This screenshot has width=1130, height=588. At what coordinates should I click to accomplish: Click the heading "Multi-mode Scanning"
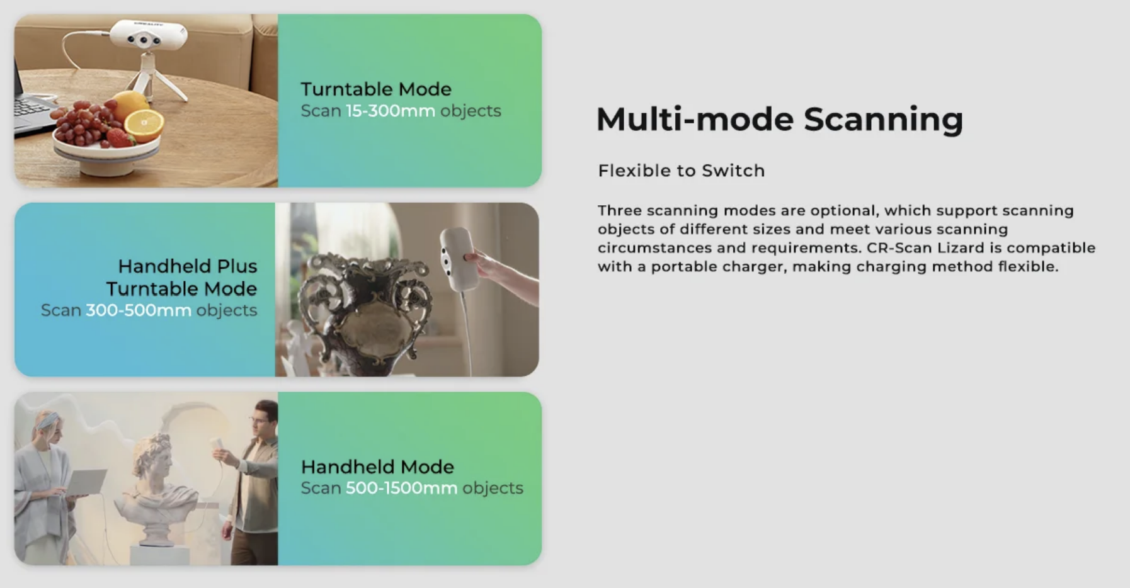tap(779, 119)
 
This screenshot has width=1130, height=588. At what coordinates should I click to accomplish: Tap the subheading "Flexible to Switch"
tap(681, 171)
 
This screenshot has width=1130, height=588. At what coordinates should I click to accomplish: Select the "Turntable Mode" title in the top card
tap(376, 89)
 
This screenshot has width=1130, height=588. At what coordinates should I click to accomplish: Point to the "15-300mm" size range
tap(391, 111)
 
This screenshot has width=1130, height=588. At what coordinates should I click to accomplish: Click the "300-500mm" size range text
tap(139, 310)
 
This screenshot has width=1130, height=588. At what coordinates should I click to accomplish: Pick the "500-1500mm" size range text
tap(401, 488)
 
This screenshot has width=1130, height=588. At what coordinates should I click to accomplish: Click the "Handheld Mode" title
tap(377, 466)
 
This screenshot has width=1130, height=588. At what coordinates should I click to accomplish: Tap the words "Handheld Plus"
tap(188, 266)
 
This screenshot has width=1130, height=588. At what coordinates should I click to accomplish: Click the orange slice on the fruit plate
tap(144, 123)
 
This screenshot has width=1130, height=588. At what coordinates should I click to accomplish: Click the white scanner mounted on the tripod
tap(148, 35)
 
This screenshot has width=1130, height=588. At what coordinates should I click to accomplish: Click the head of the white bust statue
tap(154, 456)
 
